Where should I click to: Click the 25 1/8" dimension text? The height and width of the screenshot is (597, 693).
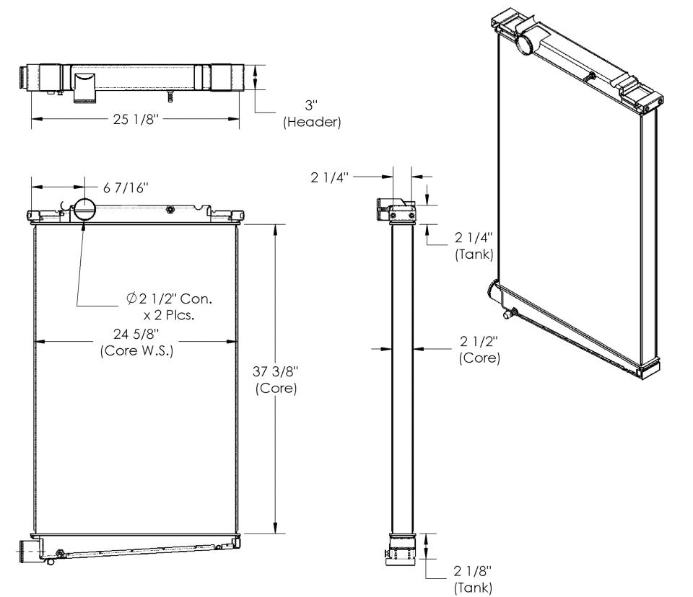(x=135, y=119)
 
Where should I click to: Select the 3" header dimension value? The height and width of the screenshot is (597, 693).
(x=311, y=105)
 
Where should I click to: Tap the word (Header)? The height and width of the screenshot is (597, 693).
(x=312, y=122)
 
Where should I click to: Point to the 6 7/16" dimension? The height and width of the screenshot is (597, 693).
(x=126, y=187)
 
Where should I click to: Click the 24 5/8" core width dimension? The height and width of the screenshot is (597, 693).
(x=136, y=334)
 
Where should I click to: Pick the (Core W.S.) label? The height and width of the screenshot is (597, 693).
(x=136, y=350)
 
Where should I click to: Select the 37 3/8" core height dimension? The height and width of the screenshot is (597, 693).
(x=276, y=371)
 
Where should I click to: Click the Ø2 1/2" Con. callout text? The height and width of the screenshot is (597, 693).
(x=169, y=299)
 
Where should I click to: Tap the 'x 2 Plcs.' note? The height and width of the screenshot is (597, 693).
(x=169, y=315)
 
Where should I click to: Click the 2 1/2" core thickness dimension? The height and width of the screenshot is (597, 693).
(x=479, y=341)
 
